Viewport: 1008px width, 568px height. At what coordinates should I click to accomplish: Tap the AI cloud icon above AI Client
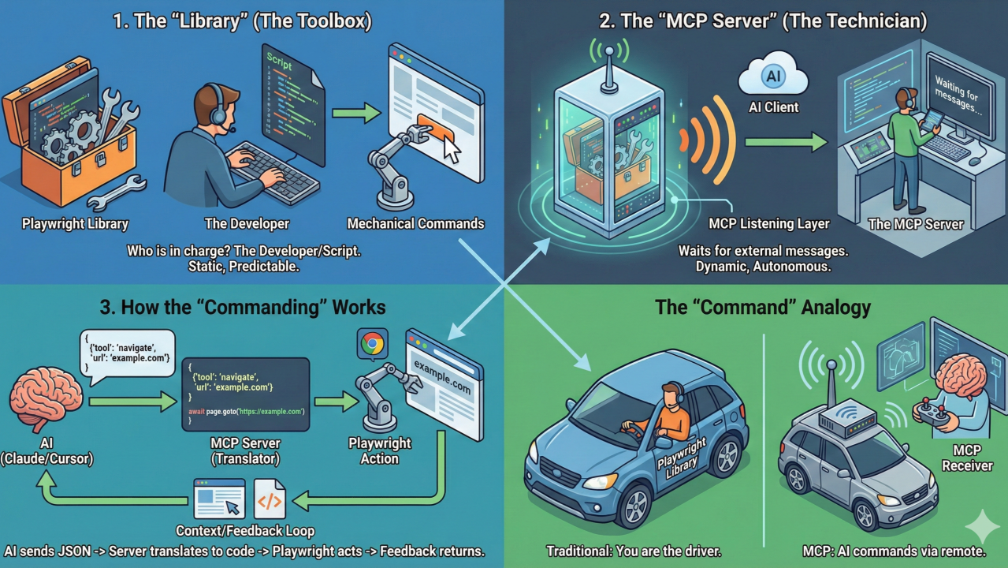coord(772,77)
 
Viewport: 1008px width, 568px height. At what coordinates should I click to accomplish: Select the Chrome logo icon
coord(372,343)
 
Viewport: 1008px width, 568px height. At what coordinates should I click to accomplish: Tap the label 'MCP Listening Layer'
coord(768,224)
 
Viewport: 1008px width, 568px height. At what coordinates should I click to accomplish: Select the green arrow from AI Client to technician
coord(785,142)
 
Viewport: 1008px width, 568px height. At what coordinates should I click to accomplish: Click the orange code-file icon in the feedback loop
coord(270,499)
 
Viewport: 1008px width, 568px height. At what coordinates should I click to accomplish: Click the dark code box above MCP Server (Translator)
coord(244,394)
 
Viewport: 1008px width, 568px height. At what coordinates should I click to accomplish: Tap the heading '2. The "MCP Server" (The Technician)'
coord(763,21)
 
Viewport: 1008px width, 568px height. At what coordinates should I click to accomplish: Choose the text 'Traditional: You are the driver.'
coord(634,551)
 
